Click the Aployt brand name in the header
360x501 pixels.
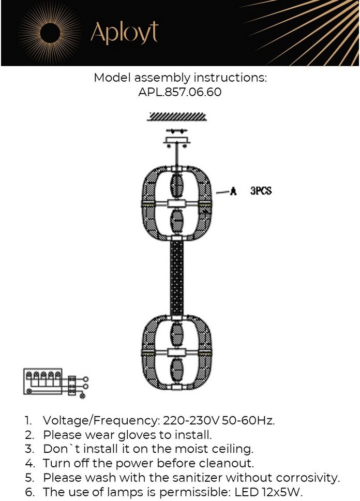125,33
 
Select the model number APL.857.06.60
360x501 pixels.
180,92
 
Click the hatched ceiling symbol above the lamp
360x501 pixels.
177,117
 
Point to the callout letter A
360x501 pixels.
233,191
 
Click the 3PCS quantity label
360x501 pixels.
261,191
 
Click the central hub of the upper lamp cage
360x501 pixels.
176,203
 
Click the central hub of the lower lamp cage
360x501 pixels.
176,353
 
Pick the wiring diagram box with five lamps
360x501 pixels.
43,381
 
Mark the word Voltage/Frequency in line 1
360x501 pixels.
101,420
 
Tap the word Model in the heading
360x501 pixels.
112,78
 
